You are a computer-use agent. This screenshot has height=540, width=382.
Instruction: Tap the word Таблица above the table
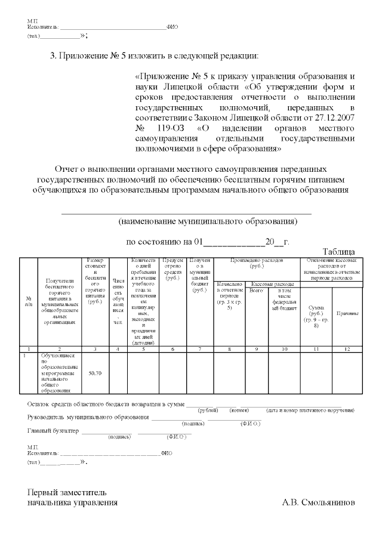click(338, 252)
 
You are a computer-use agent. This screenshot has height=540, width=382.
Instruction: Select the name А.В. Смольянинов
click(318, 502)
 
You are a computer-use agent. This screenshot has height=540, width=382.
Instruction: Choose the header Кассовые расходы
click(273, 284)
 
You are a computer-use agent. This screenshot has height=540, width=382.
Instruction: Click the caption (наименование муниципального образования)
click(207, 221)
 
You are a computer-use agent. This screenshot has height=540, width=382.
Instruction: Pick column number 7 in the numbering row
click(200, 348)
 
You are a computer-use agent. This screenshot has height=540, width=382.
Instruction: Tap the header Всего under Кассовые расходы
click(256, 290)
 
